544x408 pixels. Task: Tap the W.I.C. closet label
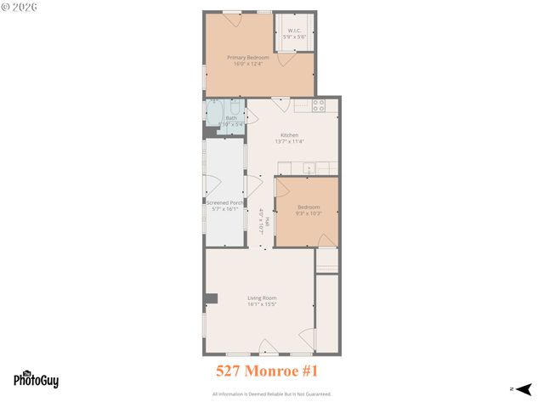(295, 31)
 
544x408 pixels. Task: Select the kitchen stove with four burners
(319, 106)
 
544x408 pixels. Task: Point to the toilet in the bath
(235, 108)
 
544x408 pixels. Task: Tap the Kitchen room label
(290, 135)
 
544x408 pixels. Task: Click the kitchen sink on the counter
(311, 167)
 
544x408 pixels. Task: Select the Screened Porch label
(225, 203)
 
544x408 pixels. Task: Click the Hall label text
(267, 223)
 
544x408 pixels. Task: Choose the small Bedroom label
(309, 207)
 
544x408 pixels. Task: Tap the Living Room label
(262, 297)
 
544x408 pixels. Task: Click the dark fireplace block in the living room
(212, 297)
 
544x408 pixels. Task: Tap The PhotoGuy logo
(36, 380)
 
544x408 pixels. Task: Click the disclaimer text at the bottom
(271, 394)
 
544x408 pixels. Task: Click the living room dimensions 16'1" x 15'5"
(262, 303)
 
